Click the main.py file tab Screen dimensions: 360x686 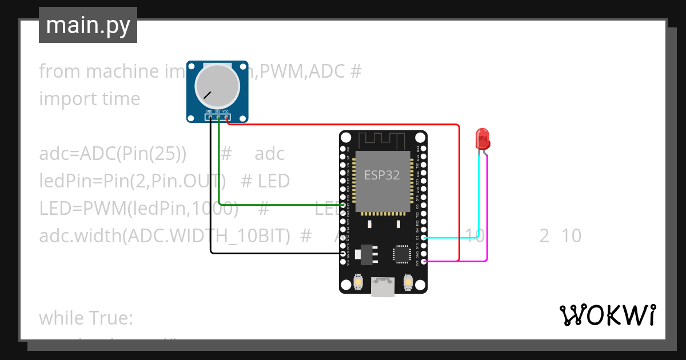[x=87, y=25]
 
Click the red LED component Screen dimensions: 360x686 [x=482, y=139]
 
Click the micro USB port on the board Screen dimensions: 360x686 [x=382, y=287]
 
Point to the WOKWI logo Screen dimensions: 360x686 [x=607, y=315]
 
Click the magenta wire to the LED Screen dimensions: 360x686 [x=487, y=217]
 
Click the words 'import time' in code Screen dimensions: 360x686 [x=89, y=99]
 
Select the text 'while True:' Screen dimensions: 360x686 [x=86, y=318]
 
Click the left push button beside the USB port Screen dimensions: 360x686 [x=358, y=282]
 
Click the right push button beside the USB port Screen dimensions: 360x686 [x=408, y=282]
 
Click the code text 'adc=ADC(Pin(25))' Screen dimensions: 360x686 [x=113, y=154]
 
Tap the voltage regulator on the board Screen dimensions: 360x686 [x=365, y=254]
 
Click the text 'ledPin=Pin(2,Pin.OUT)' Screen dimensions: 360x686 [x=129, y=181]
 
